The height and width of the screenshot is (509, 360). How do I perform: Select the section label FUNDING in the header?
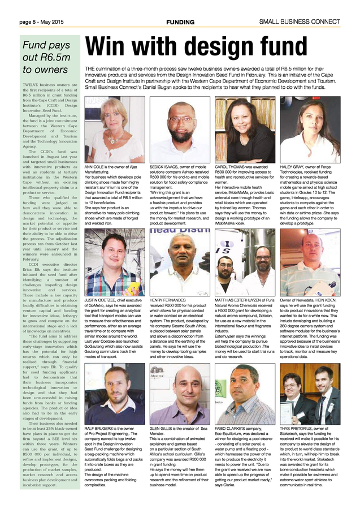(180, 22)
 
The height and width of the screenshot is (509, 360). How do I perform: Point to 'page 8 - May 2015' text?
(42, 22)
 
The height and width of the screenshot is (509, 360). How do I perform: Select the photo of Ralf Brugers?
(114, 394)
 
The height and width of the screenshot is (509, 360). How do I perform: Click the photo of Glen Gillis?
(180, 394)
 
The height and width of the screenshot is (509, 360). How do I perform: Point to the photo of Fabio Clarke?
(245, 394)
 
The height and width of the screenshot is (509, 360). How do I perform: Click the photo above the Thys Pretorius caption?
(310, 394)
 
